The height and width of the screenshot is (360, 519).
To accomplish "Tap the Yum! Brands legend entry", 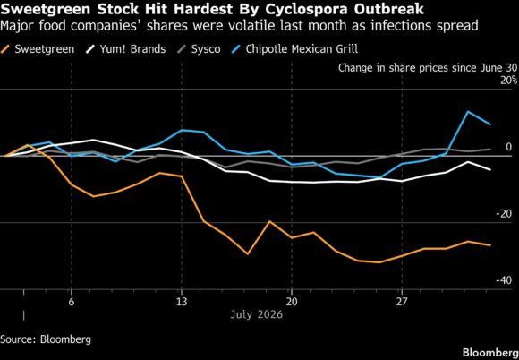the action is coord(125,49).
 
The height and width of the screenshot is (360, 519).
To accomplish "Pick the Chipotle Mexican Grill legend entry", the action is coord(294,49).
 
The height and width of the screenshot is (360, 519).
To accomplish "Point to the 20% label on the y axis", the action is coord(508,81).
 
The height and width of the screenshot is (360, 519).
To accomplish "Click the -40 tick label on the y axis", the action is coord(504,280).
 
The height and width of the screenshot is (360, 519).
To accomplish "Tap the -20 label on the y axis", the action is coord(504,214).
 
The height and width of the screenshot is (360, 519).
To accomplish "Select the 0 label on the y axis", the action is coord(509,147).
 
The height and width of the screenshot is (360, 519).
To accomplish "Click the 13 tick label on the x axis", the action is coord(181,302).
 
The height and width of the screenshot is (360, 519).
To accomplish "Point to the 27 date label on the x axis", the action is coord(402,302).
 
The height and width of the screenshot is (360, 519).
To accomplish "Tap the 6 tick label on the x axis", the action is coord(72,302).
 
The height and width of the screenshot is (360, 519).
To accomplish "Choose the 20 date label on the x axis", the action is coord(292,302).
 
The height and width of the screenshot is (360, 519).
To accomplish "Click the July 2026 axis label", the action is coord(257,314).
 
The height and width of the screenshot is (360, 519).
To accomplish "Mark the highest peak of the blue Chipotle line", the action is coord(468,111).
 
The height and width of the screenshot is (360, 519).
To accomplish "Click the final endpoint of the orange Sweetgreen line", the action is coord(490,245).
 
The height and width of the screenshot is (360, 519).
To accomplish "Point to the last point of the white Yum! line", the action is coord(490,169).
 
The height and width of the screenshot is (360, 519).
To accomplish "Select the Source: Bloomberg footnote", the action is coord(46,339).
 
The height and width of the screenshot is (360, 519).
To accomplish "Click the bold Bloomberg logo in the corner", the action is coord(490,352).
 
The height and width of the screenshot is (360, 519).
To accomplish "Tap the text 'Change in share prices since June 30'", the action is coord(428,68).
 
